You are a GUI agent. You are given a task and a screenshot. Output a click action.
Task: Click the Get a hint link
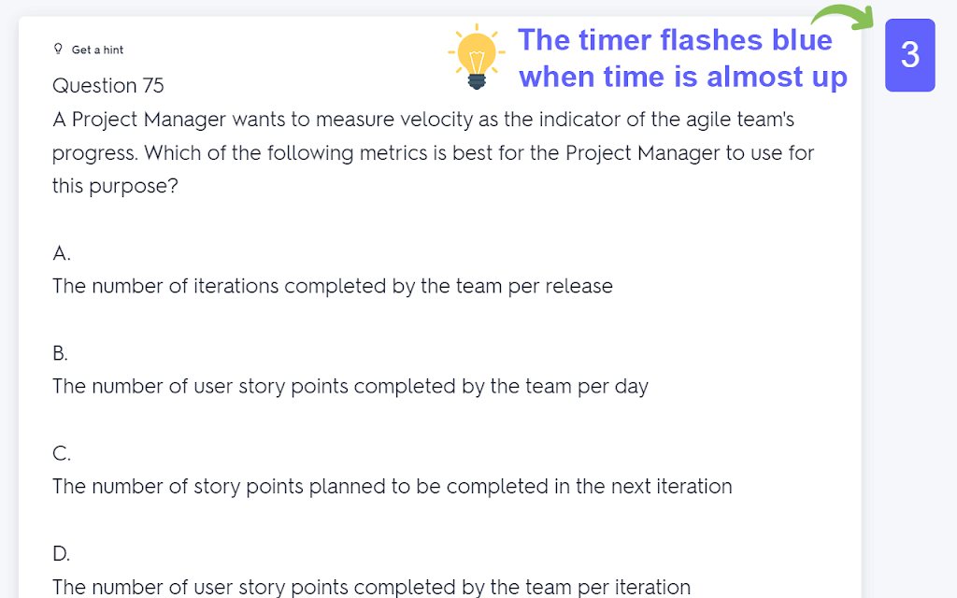tap(97, 50)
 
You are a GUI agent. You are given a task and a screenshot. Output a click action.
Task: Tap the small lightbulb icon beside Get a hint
tap(58, 49)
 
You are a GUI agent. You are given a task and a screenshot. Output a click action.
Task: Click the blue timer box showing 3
tap(910, 55)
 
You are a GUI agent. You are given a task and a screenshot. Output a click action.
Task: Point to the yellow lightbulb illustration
tap(477, 57)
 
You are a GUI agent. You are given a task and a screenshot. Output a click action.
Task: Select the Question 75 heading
tap(108, 85)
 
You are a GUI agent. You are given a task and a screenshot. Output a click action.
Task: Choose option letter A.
tap(62, 252)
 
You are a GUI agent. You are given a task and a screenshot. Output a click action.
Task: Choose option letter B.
tap(60, 352)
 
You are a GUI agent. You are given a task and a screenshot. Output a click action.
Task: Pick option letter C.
tap(62, 453)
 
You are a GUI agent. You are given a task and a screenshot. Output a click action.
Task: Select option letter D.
tap(61, 553)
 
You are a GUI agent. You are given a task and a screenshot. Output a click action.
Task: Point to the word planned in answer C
tap(348, 487)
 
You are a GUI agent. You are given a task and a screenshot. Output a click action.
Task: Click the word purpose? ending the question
tap(134, 187)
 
